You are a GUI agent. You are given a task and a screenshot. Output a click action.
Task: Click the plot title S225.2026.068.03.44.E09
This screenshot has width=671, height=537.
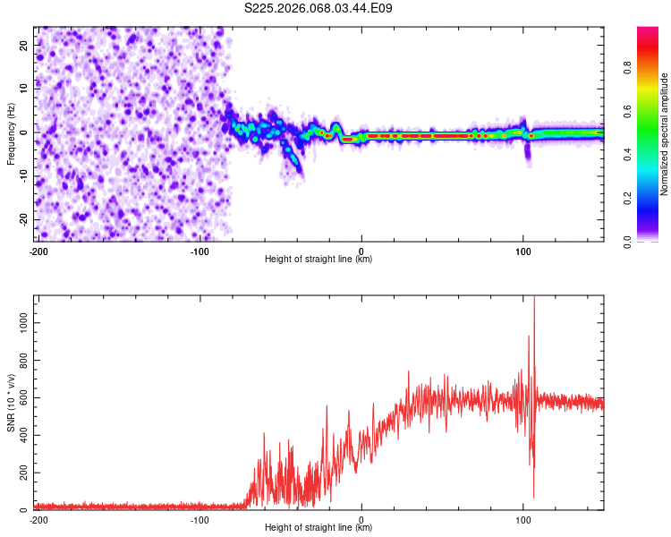click(319, 8)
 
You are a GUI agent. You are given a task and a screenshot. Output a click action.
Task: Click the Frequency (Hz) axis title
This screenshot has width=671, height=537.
click(10, 132)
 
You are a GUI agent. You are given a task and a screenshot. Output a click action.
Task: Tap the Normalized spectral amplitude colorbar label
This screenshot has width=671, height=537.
click(664, 134)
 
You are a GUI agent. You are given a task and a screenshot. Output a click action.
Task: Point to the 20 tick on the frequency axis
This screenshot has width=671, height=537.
click(25, 45)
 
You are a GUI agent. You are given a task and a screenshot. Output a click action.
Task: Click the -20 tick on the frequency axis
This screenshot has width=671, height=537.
click(23, 219)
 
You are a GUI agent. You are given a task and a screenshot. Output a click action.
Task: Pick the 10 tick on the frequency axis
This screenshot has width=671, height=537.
click(25, 89)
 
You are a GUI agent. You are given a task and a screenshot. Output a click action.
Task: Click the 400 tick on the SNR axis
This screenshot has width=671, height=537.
click(21, 434)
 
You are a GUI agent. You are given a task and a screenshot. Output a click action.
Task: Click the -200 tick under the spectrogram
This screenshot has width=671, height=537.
click(38, 250)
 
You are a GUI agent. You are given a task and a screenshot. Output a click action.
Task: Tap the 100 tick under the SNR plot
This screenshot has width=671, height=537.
click(523, 519)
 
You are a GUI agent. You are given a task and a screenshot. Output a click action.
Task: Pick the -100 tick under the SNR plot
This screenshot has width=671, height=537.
click(200, 519)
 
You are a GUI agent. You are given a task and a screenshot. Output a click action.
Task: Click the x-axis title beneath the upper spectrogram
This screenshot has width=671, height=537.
click(319, 260)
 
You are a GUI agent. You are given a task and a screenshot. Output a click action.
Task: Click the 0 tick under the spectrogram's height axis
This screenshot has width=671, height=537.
click(361, 250)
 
